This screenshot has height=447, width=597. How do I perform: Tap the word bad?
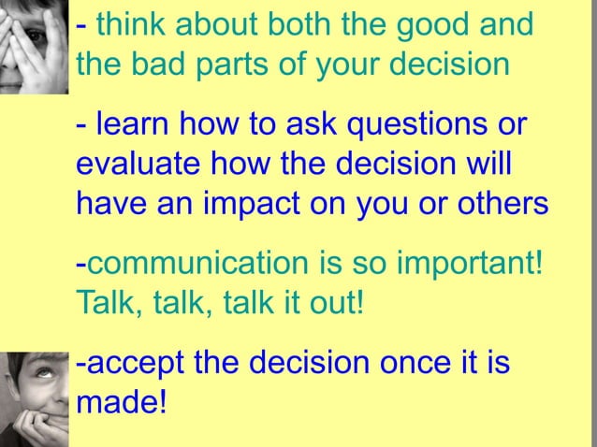[x=161, y=66]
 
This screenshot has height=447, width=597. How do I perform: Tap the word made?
[x=120, y=405]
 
